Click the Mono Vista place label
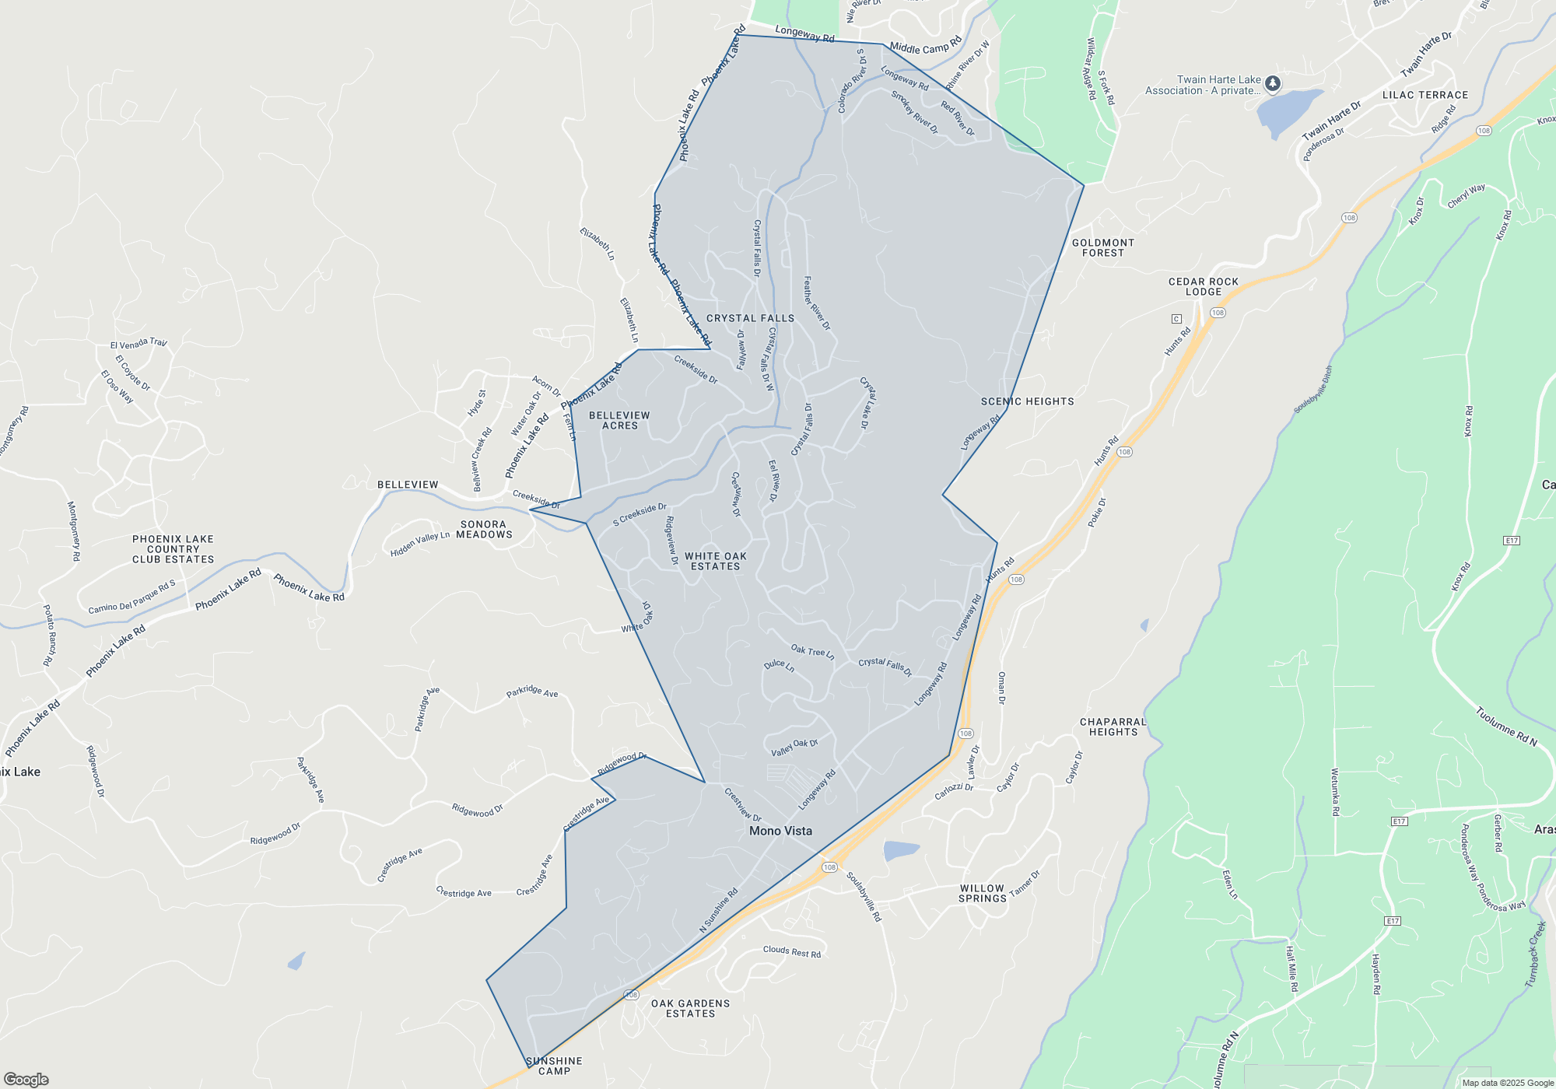(x=780, y=831)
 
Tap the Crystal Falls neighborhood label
(x=750, y=318)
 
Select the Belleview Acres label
(x=619, y=420)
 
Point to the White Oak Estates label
(x=715, y=561)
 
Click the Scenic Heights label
(x=1027, y=401)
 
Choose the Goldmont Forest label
(x=1102, y=247)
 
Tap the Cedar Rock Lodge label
(x=1203, y=286)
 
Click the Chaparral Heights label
(x=1113, y=727)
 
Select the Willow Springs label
(x=982, y=893)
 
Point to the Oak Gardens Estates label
(x=690, y=1008)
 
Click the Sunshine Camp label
(x=554, y=1066)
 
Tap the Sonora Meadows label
(x=484, y=529)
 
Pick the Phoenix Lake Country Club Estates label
(x=173, y=548)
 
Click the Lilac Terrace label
(x=1425, y=95)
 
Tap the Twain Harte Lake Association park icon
(x=1272, y=83)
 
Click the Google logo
(x=26, y=1079)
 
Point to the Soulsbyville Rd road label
(x=864, y=897)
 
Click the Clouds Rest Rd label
(x=791, y=951)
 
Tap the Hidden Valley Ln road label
(x=420, y=543)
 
